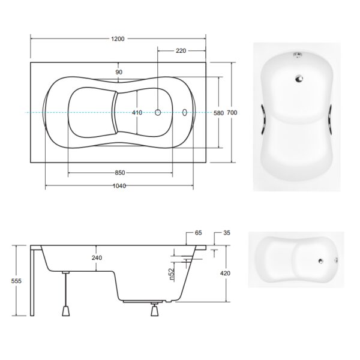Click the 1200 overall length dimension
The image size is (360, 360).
118,39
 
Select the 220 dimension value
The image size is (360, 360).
181,51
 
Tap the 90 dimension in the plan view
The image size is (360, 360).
119,72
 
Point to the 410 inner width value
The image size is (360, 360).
137,113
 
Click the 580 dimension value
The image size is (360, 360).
218,113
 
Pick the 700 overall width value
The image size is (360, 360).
232,113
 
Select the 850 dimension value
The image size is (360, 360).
120,173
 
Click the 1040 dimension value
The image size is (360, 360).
119,186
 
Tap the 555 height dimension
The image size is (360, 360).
16,281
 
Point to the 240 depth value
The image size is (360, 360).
97,258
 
